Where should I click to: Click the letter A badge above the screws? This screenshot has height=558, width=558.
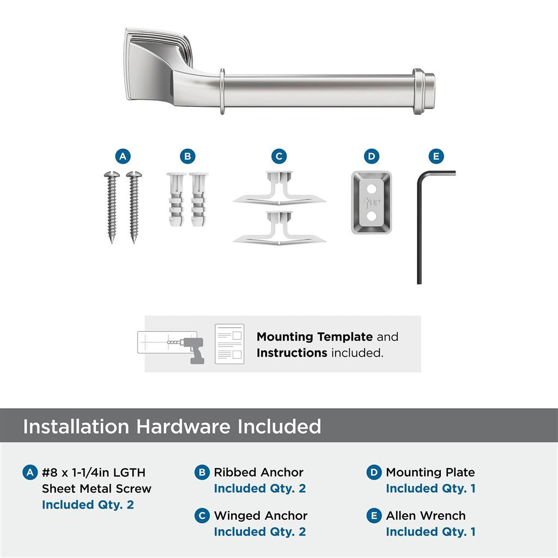123,157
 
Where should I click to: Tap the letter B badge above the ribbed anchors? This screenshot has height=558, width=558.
187,157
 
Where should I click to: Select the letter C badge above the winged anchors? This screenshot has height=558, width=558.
279,157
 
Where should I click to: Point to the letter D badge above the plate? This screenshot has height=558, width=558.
371,157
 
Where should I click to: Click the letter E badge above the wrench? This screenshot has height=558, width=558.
435,157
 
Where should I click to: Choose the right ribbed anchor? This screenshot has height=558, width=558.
199,201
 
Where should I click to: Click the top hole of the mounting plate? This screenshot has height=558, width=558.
371,188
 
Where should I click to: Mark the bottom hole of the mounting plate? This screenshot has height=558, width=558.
371,216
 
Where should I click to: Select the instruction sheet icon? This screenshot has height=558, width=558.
229,344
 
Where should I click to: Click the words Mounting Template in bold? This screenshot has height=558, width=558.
314,337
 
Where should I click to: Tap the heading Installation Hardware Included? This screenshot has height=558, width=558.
172,426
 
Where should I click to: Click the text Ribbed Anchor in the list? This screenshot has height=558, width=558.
258,472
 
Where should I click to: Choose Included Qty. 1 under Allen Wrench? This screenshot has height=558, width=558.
430,532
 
